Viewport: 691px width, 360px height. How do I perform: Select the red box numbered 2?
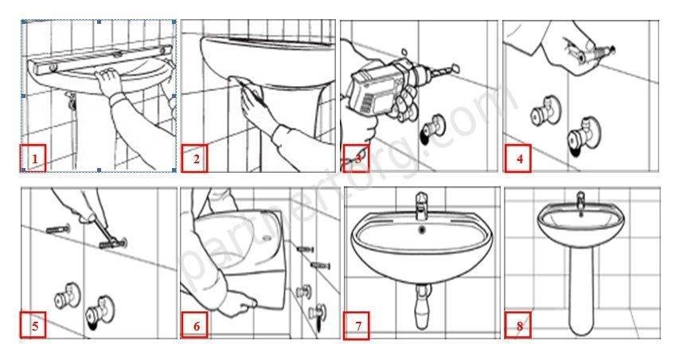pos(195,158)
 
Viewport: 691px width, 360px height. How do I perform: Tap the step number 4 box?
pos(519,158)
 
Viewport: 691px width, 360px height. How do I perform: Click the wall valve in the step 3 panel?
pos(431,127)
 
